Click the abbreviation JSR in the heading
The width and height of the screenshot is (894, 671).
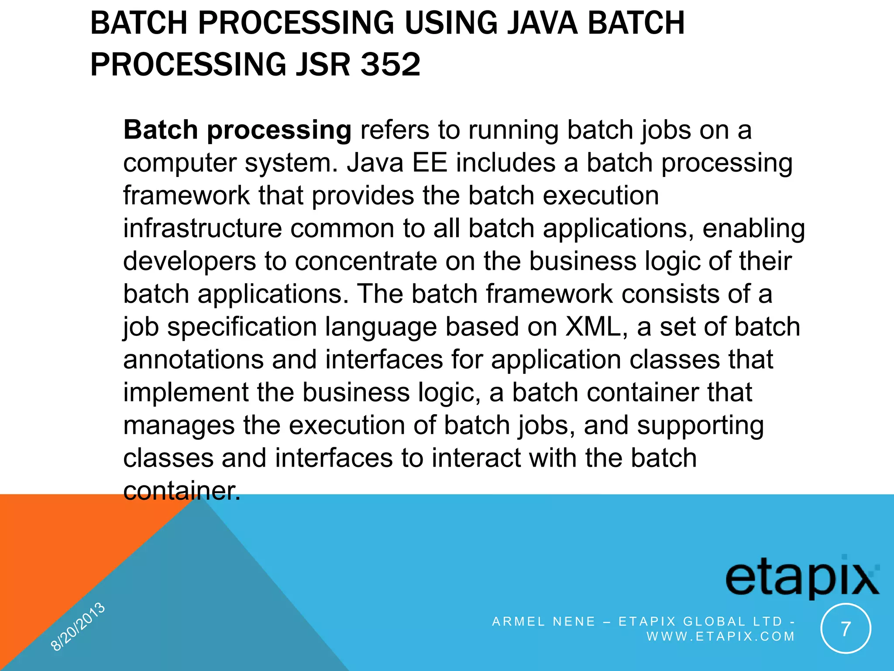pyautogui.click(x=322, y=65)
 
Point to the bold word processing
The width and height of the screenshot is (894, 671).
pyautogui.click(x=279, y=131)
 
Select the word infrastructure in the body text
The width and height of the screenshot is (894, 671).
pyautogui.click(x=202, y=228)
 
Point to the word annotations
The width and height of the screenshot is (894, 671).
pyautogui.click(x=193, y=360)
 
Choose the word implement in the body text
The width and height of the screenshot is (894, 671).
pyautogui.click(x=186, y=393)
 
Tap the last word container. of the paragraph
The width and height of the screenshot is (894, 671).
pyautogui.click(x=182, y=491)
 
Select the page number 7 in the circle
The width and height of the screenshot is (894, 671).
pyautogui.click(x=846, y=629)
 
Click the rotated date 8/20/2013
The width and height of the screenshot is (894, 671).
pyautogui.click(x=78, y=626)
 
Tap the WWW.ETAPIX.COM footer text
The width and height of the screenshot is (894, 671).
pyautogui.click(x=720, y=636)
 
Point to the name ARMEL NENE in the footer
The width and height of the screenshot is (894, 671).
pyautogui.click(x=543, y=622)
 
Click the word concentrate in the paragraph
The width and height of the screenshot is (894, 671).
pyautogui.click(x=366, y=261)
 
